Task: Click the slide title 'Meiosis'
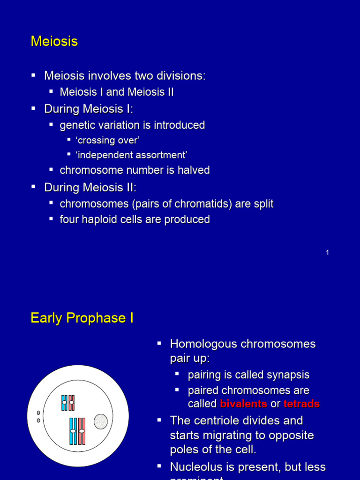(x=54, y=42)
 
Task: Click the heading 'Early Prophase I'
(x=82, y=318)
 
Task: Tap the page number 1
(x=327, y=253)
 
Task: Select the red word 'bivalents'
(x=243, y=404)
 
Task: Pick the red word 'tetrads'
(x=301, y=404)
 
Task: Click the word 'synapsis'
(x=287, y=375)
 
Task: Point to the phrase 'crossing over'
(x=107, y=140)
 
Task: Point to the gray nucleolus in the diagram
(x=101, y=421)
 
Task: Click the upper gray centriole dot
(x=38, y=413)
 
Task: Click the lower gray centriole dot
(x=38, y=420)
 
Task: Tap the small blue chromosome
(x=64, y=403)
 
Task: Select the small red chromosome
(x=71, y=403)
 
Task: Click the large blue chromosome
(x=73, y=431)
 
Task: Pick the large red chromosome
(x=82, y=431)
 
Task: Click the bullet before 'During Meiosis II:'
(x=33, y=187)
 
